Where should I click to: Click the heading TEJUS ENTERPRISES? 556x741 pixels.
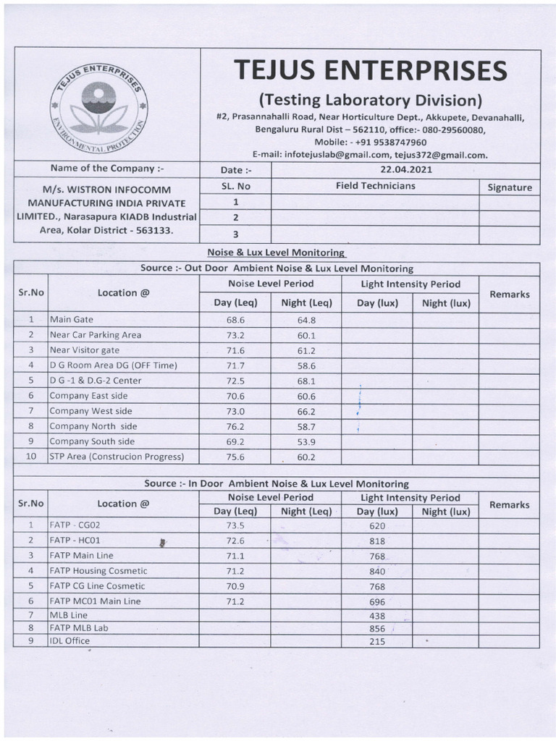pos(370,71)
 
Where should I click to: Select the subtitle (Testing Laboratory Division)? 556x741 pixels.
pos(370,99)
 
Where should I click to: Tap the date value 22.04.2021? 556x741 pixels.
pos(405,170)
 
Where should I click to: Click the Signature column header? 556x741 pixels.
pos(509,187)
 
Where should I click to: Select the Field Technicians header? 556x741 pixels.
pos(375,186)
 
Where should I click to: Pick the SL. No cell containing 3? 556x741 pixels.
pos(235,234)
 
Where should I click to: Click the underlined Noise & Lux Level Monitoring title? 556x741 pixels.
pos(276,253)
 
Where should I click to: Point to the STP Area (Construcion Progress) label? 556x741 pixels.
pos(117,457)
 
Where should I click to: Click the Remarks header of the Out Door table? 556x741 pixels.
pos(509,295)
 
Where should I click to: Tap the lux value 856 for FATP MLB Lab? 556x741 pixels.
pos(377,629)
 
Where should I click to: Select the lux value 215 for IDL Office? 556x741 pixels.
pos(377,641)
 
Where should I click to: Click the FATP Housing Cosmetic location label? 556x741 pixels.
pos(98,571)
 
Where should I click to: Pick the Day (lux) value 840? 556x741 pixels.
pos(377,571)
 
